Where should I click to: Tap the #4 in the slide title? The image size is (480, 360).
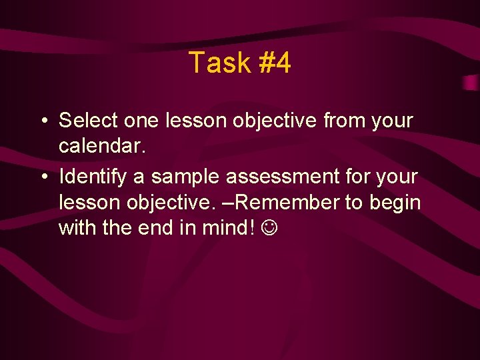coord(273,63)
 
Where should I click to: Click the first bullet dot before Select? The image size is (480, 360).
coord(42,121)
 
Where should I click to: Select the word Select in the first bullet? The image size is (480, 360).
coord(88,121)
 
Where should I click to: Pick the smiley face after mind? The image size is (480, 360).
coord(271,228)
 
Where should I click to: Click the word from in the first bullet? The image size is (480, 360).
coord(344,121)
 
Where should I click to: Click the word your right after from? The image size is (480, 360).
coord(393,121)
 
